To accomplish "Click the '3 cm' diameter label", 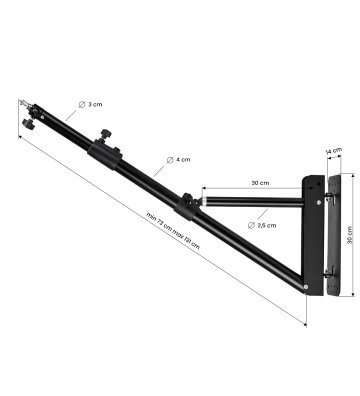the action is click(x=95, y=104).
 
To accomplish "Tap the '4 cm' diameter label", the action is click(x=183, y=160).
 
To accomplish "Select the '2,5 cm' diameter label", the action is click(x=267, y=225).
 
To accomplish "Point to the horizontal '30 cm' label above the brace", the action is click(x=260, y=183).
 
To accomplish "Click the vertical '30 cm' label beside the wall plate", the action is click(x=350, y=235).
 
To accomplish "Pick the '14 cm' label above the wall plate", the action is click(x=334, y=151).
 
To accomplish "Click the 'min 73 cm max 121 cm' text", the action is click(x=173, y=231).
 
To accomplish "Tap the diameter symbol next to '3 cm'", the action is click(x=82, y=104).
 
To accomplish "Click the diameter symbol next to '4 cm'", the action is click(x=170, y=160).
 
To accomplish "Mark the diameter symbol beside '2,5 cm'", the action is click(x=251, y=225).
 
